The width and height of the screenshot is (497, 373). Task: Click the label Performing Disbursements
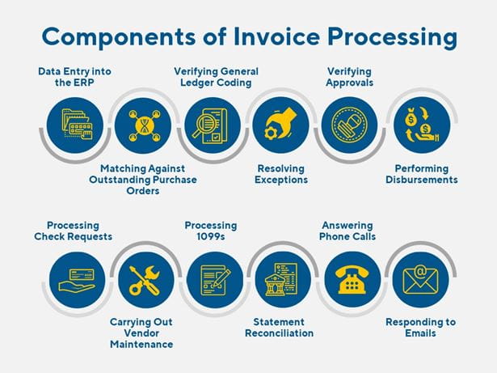(422, 174)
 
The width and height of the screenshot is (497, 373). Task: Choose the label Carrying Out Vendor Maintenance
(141, 333)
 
